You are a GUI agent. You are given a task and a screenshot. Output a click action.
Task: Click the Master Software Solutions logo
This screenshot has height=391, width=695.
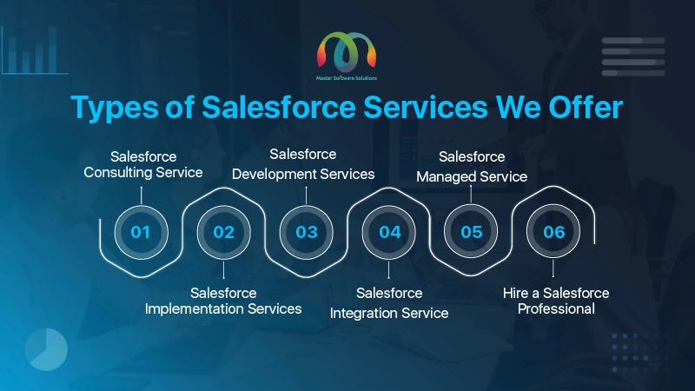(346, 56)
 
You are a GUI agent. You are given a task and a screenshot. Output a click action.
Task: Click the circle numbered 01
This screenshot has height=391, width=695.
(141, 232)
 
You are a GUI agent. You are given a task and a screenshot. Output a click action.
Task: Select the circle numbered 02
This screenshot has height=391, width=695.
(223, 232)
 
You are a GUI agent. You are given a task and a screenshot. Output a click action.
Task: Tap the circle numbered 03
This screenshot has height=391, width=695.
(307, 232)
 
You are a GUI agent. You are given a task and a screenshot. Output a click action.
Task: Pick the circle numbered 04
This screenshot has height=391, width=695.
(388, 232)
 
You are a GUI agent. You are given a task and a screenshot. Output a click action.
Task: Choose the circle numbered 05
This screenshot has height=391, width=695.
(471, 231)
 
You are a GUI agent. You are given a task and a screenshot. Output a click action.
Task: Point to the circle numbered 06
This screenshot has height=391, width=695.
(553, 231)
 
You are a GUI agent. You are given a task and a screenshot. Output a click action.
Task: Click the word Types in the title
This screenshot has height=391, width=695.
(115, 108)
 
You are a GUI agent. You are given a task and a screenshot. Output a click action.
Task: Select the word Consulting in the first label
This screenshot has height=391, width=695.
(117, 172)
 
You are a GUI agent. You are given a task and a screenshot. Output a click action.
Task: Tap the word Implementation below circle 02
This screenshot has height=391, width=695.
(194, 309)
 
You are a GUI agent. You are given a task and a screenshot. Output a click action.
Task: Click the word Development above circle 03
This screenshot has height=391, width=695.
(274, 175)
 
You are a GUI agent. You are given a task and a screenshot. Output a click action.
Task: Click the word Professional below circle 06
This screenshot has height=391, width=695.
(556, 308)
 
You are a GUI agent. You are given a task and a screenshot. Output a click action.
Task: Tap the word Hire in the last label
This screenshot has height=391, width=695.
(515, 293)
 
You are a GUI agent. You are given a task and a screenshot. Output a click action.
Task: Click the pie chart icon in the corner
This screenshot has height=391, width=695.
(46, 349)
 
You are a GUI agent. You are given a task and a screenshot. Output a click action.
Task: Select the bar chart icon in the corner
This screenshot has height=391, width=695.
(35, 50)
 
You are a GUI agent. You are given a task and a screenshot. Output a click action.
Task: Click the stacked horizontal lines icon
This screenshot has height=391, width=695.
(633, 56)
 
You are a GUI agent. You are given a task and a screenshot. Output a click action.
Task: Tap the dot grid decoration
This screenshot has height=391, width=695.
(640, 353)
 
